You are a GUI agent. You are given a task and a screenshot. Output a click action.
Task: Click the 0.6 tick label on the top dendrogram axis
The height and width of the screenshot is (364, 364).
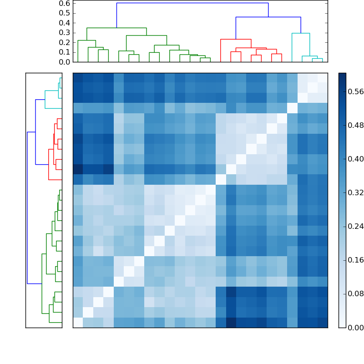click(x=65, y=3)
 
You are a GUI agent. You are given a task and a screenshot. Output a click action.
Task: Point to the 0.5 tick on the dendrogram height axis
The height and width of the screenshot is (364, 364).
click(x=65, y=13)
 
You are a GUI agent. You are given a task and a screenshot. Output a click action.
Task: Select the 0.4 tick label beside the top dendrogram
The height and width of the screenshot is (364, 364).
click(x=65, y=23)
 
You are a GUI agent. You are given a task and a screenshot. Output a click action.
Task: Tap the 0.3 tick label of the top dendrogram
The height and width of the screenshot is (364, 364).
click(x=65, y=33)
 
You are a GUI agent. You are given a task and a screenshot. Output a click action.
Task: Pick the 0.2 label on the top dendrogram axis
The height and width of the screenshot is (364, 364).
click(x=65, y=42)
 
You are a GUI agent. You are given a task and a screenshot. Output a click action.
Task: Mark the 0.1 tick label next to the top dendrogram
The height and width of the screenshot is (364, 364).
click(x=65, y=52)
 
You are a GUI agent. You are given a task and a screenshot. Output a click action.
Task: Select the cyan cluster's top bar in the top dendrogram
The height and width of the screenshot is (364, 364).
click(x=301, y=33)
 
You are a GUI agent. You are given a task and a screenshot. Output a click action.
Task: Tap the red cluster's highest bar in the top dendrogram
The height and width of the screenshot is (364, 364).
click(x=236, y=40)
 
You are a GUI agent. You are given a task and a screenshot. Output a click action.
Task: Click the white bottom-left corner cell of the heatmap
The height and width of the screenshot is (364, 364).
click(x=78, y=322)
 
